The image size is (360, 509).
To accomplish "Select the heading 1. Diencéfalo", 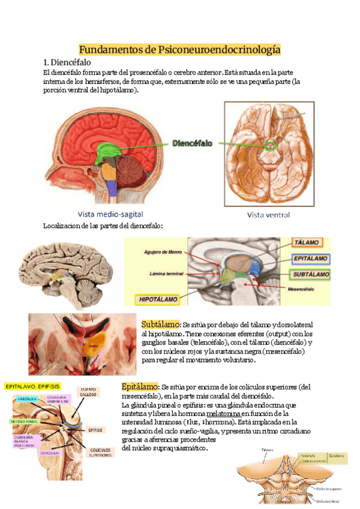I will click(67, 62).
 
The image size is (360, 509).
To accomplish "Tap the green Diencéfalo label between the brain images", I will click(193, 144).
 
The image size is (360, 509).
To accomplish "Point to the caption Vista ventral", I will click(268, 214).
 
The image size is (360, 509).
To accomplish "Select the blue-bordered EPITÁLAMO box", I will click(311, 259).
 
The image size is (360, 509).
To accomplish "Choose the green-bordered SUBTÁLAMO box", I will click(311, 275).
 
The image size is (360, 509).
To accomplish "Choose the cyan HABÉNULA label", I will click(27, 399).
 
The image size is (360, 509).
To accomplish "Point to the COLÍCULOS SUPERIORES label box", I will click(100, 453).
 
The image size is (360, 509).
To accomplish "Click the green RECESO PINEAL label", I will click(25, 421).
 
